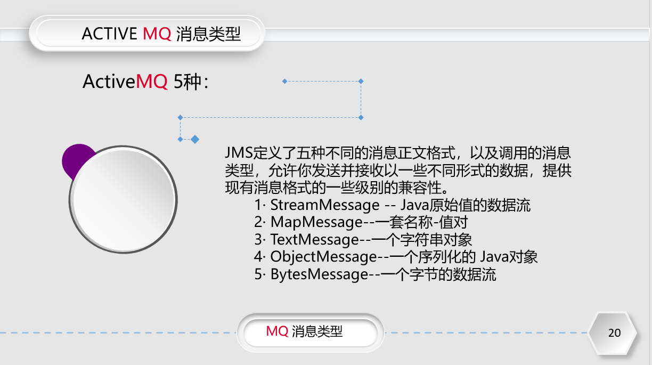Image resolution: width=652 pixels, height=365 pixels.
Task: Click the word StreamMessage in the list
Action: coord(325,205)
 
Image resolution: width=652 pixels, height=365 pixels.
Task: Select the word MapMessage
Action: coord(309,222)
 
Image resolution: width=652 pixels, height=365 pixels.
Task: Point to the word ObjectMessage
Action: coord(323,257)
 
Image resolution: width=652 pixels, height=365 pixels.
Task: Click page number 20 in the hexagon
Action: coord(614,333)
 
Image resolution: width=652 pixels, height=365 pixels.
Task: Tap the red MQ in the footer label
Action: coord(277,331)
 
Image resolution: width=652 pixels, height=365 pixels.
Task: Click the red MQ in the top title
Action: coord(157,34)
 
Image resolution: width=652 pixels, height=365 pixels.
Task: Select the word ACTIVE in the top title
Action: coord(109,34)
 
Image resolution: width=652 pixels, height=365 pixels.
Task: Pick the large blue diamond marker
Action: coord(195,139)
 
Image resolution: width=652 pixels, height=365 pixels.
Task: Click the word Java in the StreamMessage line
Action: coord(414,205)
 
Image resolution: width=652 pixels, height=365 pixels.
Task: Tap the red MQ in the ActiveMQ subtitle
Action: coord(152,82)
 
